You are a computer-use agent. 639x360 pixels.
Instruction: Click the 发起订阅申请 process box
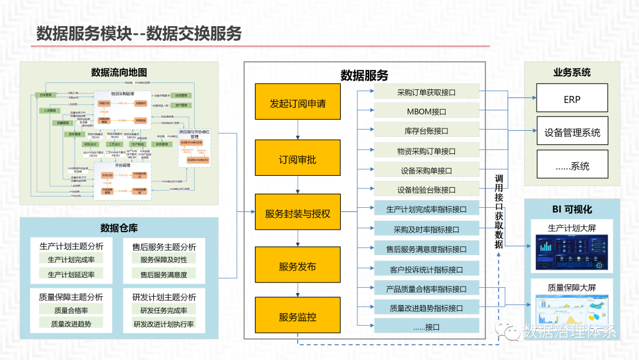point(298,104)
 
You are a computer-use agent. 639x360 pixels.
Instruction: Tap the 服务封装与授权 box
point(298,214)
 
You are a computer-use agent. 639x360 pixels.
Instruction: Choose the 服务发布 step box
point(298,267)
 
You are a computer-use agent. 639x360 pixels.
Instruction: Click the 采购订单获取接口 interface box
point(426,92)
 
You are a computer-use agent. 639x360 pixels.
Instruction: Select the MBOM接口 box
point(426,111)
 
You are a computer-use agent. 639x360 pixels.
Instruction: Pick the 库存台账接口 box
point(426,131)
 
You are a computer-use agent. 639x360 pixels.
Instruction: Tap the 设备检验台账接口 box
point(426,190)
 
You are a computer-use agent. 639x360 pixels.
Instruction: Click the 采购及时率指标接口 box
point(426,229)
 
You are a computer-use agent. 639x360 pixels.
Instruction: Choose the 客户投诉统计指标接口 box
point(426,269)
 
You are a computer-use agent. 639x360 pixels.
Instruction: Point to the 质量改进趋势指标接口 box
point(426,308)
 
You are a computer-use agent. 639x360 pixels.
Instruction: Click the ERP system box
point(572,98)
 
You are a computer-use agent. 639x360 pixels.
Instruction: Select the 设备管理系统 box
point(572,132)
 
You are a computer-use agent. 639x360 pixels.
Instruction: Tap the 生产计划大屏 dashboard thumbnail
point(572,252)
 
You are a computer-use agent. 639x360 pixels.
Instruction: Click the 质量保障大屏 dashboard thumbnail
point(572,311)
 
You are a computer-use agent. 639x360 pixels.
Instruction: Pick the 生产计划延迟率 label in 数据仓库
point(72,274)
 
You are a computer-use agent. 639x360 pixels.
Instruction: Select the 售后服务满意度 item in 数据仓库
point(164,275)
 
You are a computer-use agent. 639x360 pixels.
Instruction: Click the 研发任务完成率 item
point(164,310)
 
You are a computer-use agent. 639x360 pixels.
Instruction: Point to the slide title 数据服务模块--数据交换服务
point(139,33)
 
